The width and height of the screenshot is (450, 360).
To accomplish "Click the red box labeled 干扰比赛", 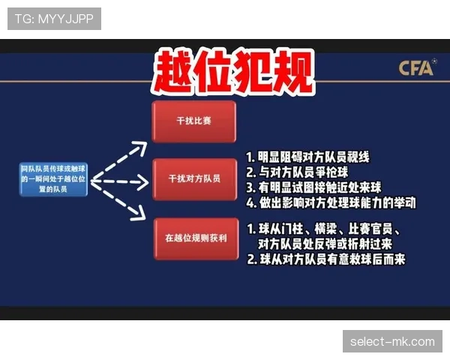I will [x=193, y=121].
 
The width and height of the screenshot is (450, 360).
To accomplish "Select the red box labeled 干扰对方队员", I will [x=193, y=179].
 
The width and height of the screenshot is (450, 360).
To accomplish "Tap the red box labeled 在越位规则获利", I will [x=193, y=238].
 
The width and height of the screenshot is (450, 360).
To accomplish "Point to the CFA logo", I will [x=416, y=69].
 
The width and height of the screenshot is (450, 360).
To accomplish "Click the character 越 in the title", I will [x=173, y=73].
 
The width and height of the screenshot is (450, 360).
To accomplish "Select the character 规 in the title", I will [x=290, y=73].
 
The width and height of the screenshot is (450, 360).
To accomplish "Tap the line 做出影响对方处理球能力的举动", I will [x=331, y=202].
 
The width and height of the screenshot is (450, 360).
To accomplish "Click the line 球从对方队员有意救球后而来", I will [x=325, y=259].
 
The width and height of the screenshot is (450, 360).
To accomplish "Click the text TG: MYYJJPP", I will [x=54, y=18].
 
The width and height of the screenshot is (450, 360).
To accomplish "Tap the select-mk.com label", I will [x=392, y=341].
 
